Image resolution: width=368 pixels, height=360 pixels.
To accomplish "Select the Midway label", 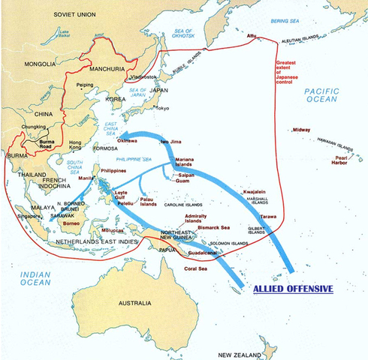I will click(301, 130).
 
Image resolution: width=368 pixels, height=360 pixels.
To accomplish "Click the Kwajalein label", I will click(258, 192).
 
